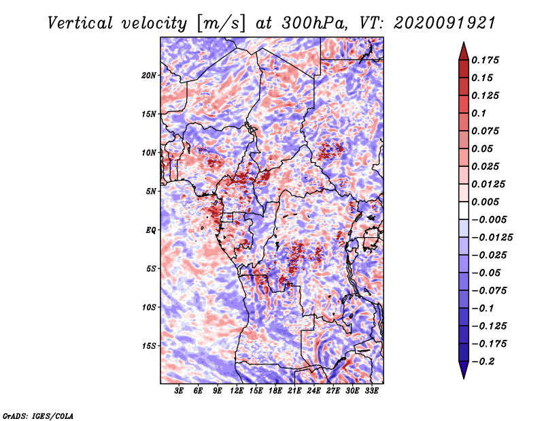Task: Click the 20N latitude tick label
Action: pos(149,76)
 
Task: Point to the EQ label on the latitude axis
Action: pos(151,230)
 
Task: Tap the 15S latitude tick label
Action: pos(149,346)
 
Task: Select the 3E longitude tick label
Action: pos(179,390)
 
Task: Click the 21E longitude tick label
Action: pos(294,390)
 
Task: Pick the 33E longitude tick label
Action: pos(371,390)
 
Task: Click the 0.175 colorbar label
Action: pos(485,60)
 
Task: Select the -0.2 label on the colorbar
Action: pos(483,362)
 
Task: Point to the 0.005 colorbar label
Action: pos(485,202)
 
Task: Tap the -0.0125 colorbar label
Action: pos(492,238)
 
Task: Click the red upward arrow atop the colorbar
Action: pos(464,51)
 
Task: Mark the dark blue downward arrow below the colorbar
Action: pos(464,370)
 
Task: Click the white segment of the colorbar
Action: pos(464,210)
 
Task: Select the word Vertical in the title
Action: pos(80,23)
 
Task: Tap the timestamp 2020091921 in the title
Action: pos(445,23)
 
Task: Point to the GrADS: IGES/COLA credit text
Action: pos(38,416)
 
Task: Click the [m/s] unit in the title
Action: pos(221,24)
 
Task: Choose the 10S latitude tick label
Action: pos(149,307)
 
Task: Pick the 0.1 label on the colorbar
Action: pos(479,113)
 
